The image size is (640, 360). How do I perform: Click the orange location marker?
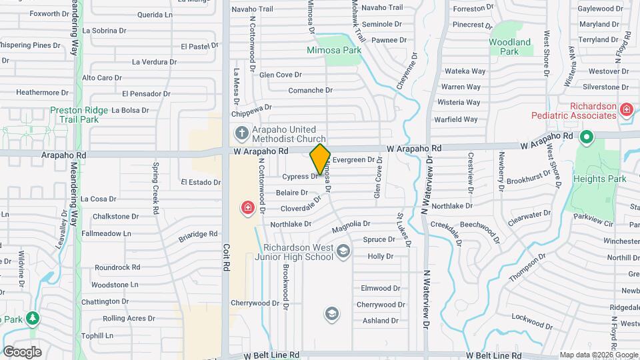tap(320, 159)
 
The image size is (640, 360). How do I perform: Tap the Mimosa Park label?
tap(334, 49)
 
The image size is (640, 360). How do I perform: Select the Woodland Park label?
tap(510, 47)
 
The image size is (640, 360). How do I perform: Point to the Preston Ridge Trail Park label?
tap(75, 115)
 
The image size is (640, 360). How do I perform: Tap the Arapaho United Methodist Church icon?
tap(241, 133)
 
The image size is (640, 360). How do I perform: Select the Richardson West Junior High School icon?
tap(343, 251)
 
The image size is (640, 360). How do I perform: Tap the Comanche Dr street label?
tap(310, 90)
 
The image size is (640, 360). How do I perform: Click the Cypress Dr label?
tap(301, 177)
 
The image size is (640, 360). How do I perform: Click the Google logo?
tap(22, 351)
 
